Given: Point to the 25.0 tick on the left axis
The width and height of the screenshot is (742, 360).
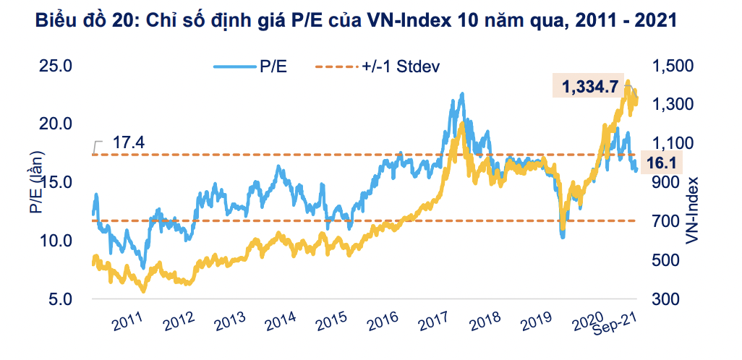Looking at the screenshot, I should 55,67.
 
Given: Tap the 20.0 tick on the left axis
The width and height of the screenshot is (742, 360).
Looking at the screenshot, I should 55,124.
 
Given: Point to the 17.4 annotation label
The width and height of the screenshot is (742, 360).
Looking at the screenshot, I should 129,142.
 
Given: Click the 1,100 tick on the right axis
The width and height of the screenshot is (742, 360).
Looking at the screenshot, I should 670,143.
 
